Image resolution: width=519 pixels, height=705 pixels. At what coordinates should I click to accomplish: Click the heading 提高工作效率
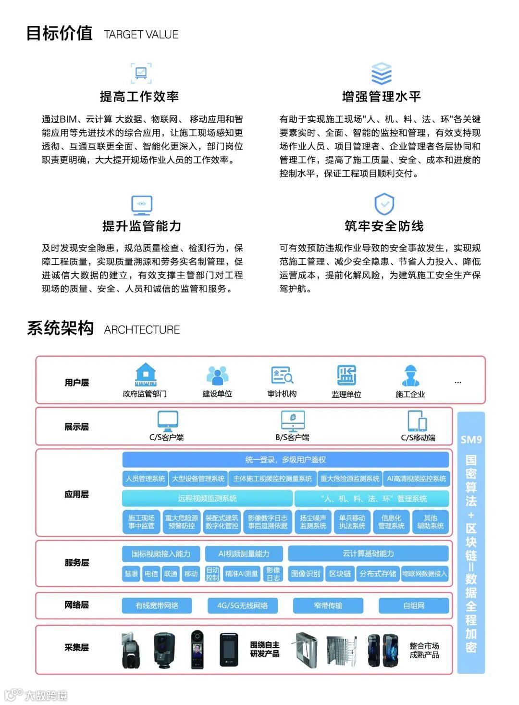[x=139, y=97]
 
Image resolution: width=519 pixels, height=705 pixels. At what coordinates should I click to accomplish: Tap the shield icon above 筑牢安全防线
[x=384, y=204]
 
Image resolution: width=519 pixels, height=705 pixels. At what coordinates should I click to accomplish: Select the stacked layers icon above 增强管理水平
[x=382, y=74]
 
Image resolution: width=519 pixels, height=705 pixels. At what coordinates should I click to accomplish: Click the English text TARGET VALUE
[x=141, y=35]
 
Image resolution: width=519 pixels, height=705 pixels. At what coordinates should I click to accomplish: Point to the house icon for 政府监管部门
[x=146, y=375]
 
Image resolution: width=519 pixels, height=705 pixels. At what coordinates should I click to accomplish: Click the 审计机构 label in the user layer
[x=282, y=394]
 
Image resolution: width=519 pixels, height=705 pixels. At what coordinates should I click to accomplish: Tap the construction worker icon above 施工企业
[x=410, y=376]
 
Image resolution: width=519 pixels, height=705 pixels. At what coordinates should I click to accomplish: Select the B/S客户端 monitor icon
[x=293, y=421]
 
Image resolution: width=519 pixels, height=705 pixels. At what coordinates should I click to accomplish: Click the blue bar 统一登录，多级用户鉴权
[x=285, y=460]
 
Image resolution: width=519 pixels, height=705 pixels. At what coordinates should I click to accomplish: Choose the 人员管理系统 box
[x=146, y=478]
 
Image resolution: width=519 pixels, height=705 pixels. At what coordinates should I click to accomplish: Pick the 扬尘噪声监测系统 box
[x=313, y=522]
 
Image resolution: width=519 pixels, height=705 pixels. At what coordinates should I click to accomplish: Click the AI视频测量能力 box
[x=244, y=554]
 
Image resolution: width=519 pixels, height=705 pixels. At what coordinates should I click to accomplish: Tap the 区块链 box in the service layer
[x=340, y=574]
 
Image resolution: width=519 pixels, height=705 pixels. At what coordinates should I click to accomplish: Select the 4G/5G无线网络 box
[x=242, y=605]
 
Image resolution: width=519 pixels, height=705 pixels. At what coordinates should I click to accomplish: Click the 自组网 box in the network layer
[x=414, y=605]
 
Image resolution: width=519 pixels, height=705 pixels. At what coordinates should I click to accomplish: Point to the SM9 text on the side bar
[x=471, y=440]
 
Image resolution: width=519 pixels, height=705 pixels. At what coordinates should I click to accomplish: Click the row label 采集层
[x=77, y=647]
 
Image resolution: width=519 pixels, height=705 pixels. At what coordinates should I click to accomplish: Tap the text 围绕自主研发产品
[x=264, y=649]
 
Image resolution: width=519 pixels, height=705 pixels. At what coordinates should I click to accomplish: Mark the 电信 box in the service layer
[x=151, y=574]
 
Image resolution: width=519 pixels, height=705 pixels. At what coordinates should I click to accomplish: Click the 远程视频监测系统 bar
[x=207, y=499]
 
